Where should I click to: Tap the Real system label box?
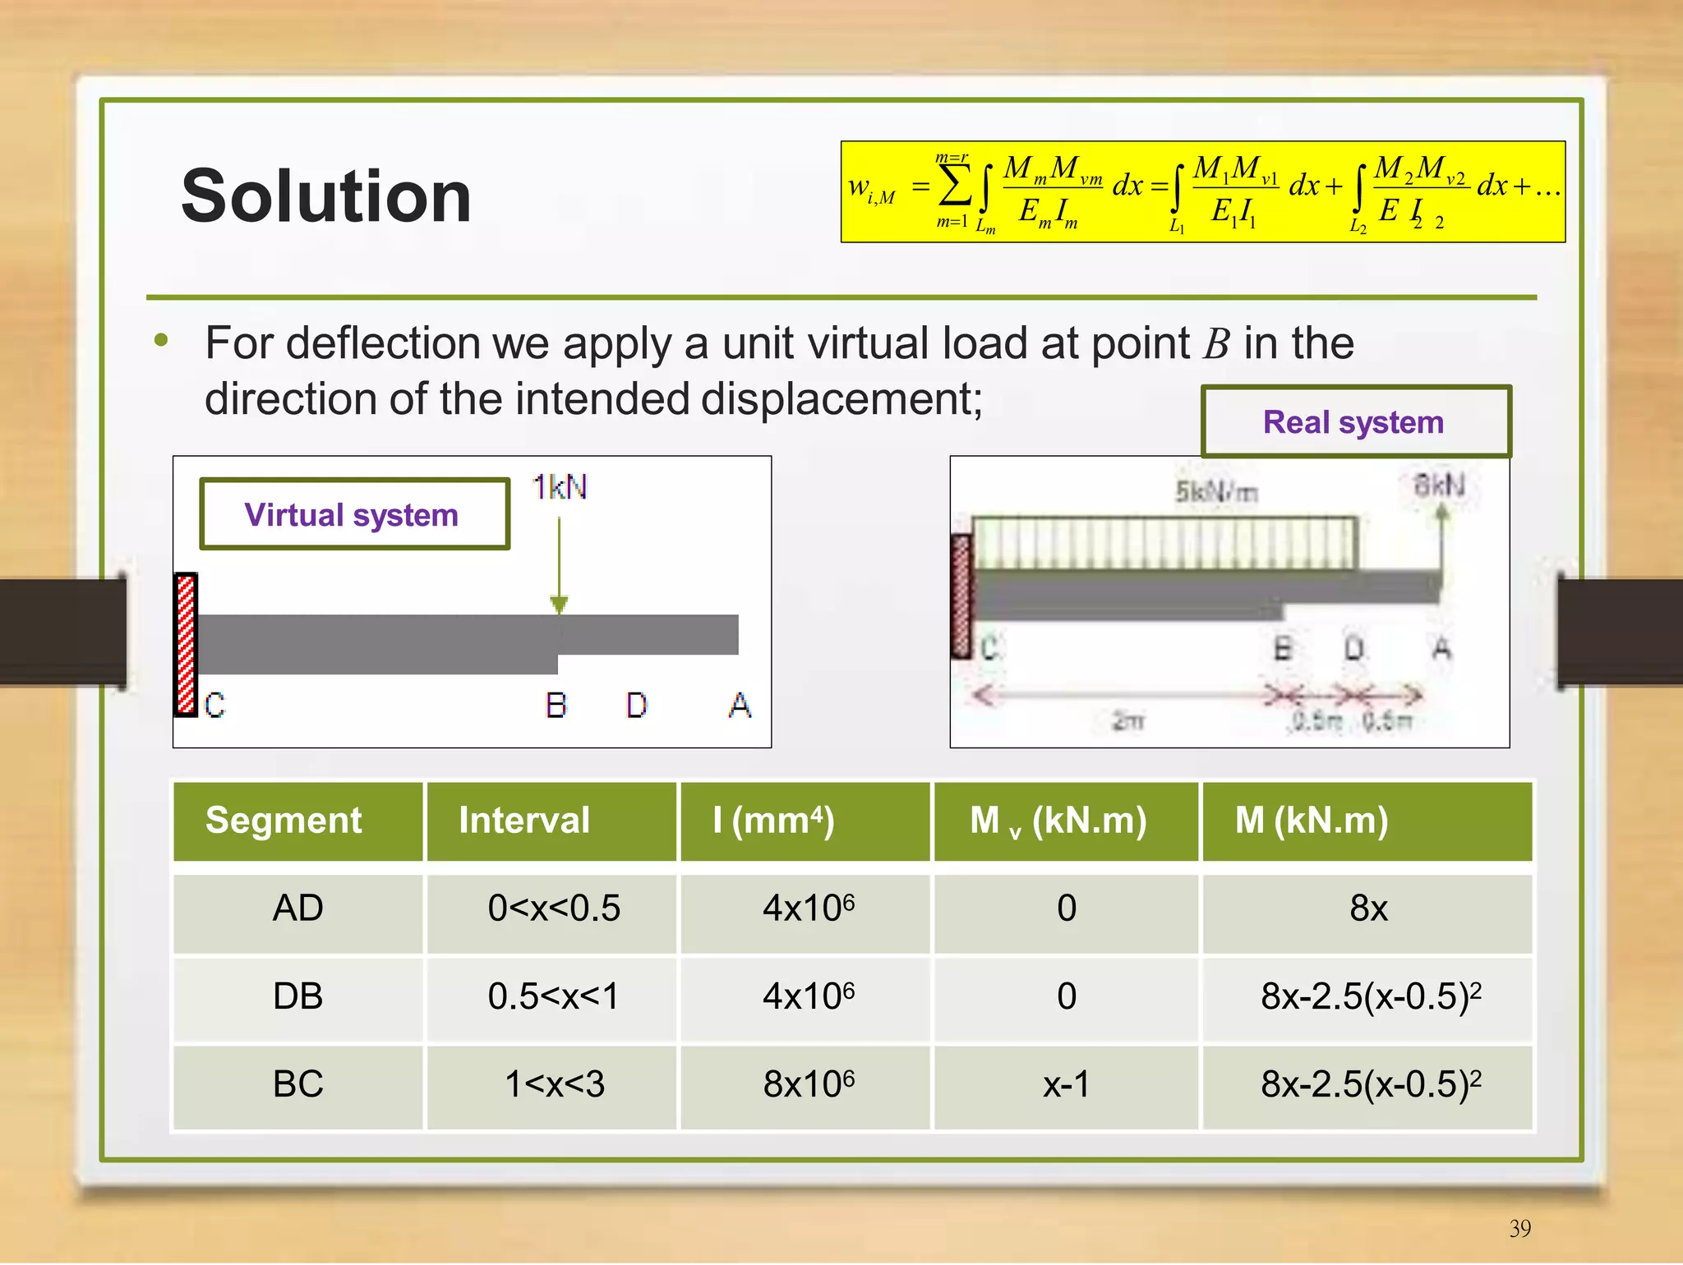point(1355,421)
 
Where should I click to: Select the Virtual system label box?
point(354,515)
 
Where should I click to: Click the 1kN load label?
point(559,487)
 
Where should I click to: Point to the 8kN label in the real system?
point(1439,485)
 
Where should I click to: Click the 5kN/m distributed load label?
point(1216,492)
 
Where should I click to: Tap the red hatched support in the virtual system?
point(187,644)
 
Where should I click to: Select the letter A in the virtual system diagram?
point(740,705)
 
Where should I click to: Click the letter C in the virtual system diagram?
point(214,705)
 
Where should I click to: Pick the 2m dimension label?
point(1128,721)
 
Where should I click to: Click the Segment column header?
point(284,821)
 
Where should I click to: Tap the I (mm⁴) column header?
point(773,821)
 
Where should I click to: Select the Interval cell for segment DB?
point(553,996)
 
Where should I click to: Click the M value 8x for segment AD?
point(1368,908)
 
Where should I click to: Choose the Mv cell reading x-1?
point(1066,1084)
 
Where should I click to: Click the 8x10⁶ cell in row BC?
point(808,1084)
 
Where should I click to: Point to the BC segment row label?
point(297,1084)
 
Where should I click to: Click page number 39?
point(1519,1228)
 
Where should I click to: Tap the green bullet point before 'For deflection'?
point(161,340)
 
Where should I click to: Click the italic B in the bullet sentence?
point(1216,344)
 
